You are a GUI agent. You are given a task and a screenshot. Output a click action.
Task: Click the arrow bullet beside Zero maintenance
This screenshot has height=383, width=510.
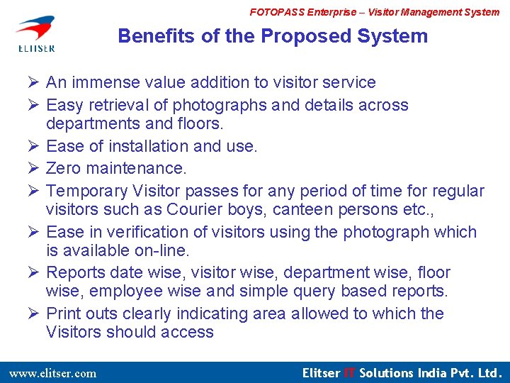click(x=33, y=168)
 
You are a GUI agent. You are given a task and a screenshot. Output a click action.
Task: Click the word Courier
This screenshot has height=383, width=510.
click(x=194, y=209)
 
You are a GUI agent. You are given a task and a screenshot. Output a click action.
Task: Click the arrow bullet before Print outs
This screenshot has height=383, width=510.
click(x=33, y=313)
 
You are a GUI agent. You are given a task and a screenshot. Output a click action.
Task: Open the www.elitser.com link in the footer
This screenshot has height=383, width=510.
click(x=52, y=373)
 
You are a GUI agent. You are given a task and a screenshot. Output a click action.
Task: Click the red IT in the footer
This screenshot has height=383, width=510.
click(x=349, y=372)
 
